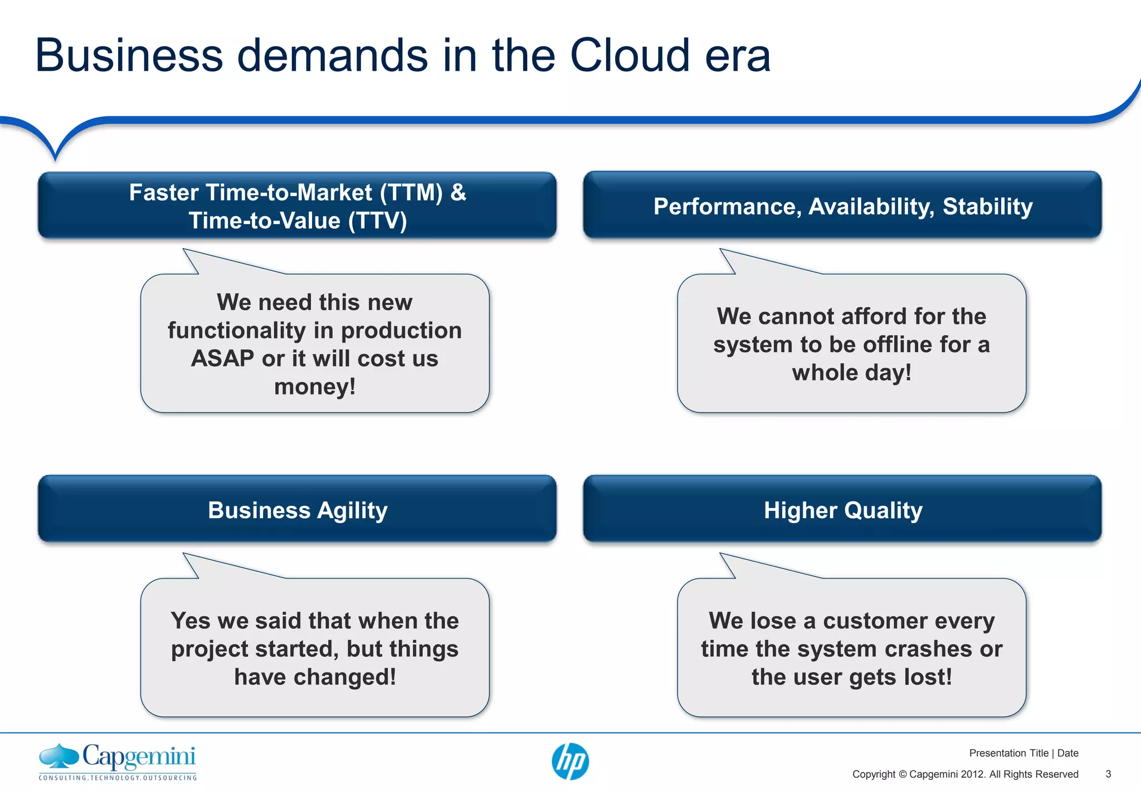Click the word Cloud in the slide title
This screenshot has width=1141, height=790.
click(x=630, y=56)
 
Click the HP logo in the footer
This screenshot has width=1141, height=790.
click(x=570, y=762)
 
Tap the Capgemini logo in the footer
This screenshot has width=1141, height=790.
click(x=118, y=758)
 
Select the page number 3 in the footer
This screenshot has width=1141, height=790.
click(x=1108, y=774)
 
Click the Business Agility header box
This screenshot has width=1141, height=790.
click(x=297, y=509)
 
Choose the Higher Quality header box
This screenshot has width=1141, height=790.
click(x=842, y=509)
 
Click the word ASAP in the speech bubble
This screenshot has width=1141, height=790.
click(x=222, y=358)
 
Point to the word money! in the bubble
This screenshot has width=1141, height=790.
click(x=315, y=386)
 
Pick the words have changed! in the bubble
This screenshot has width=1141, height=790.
click(x=315, y=677)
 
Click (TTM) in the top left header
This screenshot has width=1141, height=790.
click(x=411, y=193)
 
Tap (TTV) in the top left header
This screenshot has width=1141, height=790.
click(x=377, y=221)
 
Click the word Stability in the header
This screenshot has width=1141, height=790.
click(x=987, y=207)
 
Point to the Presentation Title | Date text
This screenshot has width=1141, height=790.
click(x=1023, y=753)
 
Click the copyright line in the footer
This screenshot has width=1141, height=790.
click(x=965, y=774)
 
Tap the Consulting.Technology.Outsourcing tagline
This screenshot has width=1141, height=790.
click(x=118, y=778)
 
